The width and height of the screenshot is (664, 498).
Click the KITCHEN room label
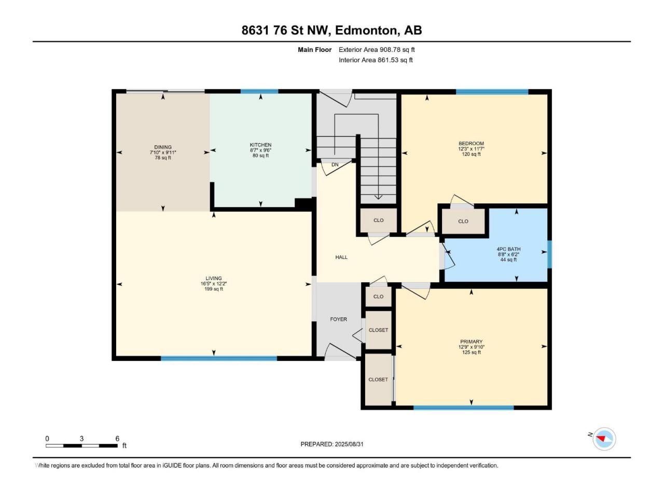coord(260,145)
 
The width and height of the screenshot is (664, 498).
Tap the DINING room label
coord(163,147)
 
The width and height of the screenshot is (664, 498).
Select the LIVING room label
coord(214,278)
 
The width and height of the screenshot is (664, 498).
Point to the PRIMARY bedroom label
coord(471,342)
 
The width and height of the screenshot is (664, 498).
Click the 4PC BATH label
coord(508,249)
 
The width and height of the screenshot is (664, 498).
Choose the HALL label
coord(341,257)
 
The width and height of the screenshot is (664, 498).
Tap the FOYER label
coord(338,320)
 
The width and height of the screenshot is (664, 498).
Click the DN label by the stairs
coord(335,165)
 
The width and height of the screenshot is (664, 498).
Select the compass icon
coord(604,439)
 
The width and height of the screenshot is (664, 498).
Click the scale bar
coord(81,446)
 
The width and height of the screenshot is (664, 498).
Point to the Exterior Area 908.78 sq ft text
coord(377,50)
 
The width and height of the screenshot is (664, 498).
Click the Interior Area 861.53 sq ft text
coord(376,60)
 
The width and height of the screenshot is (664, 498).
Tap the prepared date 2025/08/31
coord(349,444)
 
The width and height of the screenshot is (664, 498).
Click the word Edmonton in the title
coord(366,31)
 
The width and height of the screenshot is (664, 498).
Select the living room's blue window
coord(219,358)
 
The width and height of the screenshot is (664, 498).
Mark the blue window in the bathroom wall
coord(550,254)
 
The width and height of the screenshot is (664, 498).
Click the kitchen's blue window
coord(259,91)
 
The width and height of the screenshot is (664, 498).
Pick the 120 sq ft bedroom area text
coord(471,154)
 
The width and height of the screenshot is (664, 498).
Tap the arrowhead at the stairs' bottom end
coord(378,197)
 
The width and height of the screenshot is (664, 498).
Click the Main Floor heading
coord(314,50)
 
